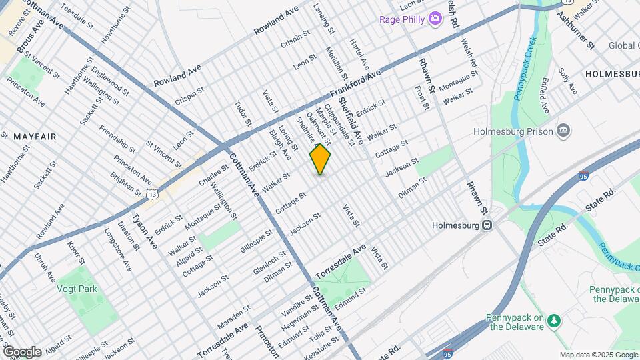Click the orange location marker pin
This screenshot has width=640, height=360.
[x=320, y=159]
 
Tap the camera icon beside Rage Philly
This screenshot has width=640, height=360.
[x=435, y=18]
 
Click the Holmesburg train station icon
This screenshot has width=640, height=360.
[x=488, y=225]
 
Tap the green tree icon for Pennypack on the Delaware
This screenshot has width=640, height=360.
[x=553, y=321]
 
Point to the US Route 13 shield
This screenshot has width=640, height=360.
[x=153, y=194]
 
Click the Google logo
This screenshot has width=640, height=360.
[x=22, y=352]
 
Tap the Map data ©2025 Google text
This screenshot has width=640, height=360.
[x=598, y=355]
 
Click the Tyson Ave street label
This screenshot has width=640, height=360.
[x=144, y=231]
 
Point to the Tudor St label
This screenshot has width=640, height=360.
[x=243, y=113]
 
